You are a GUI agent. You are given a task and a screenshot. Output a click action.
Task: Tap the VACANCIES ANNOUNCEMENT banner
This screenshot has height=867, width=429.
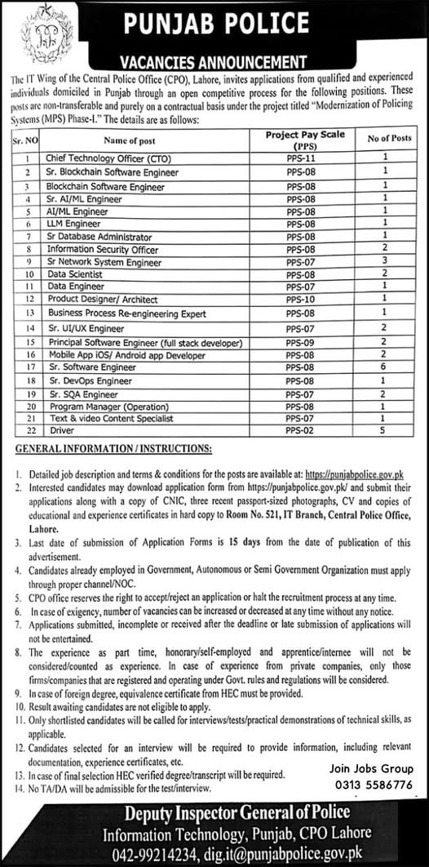coord(214,61)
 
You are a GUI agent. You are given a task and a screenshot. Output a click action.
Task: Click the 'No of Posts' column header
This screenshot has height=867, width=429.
coord(389,139)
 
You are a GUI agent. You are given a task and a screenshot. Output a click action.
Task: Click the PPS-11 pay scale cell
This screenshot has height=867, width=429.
coord(301,158)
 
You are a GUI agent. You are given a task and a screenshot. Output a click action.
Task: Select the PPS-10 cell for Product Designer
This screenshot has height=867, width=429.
coord(301,300)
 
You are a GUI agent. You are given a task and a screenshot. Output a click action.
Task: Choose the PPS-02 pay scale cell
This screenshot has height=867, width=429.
coord(301,430)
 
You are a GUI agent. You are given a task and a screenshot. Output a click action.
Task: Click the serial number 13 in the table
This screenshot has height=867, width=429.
coord(29,313)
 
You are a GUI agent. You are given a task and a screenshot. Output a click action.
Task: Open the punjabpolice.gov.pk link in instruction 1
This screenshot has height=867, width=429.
coord(354,474)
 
